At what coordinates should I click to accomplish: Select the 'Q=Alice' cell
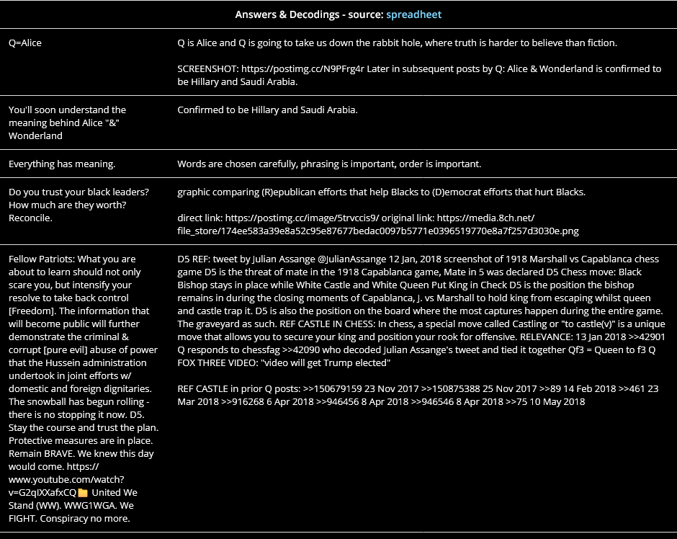point(25,43)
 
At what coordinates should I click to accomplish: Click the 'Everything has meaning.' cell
point(62,164)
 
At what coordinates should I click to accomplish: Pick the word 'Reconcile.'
point(30,218)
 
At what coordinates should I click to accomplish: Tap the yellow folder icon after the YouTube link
point(83,493)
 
